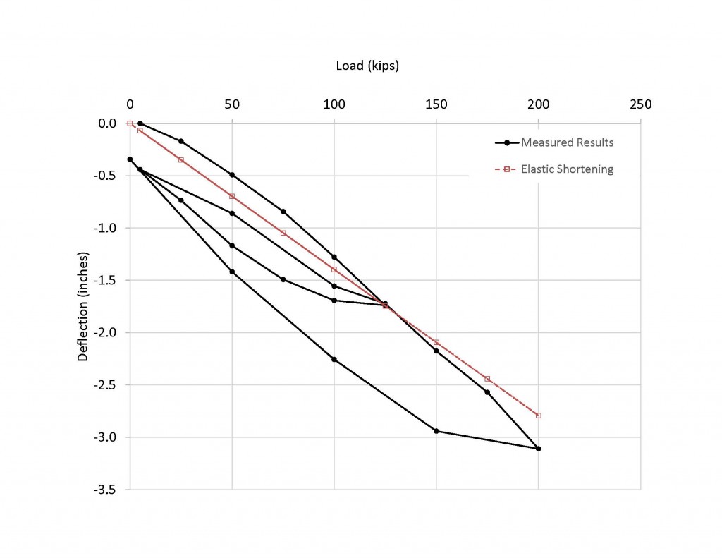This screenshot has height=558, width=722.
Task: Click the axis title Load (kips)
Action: coord(367,66)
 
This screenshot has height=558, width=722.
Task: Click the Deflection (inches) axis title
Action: coord(83,305)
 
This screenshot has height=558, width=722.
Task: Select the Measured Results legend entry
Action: coord(567,142)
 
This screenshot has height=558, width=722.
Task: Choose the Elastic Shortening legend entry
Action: coord(567,169)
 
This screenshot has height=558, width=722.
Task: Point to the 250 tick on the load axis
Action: coord(640,104)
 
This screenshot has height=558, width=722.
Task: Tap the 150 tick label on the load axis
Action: coord(436,104)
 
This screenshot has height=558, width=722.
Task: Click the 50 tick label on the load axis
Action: coord(232,104)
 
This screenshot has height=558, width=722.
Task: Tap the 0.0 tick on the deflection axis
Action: coord(107,123)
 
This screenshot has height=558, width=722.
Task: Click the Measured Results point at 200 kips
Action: coord(539,449)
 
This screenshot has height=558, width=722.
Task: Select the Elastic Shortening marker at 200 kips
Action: coord(539,416)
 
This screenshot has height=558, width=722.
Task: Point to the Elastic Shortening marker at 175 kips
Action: coord(487,379)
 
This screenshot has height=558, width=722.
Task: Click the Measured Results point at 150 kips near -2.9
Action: coord(436,431)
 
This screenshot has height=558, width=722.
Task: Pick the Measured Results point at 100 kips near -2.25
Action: coord(334,359)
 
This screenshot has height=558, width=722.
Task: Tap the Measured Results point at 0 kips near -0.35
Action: coord(130,159)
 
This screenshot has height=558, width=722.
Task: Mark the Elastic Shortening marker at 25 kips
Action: coord(180,159)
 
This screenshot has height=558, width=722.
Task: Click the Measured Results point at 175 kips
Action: coord(487,392)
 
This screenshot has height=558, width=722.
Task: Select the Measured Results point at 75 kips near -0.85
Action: coord(283,212)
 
